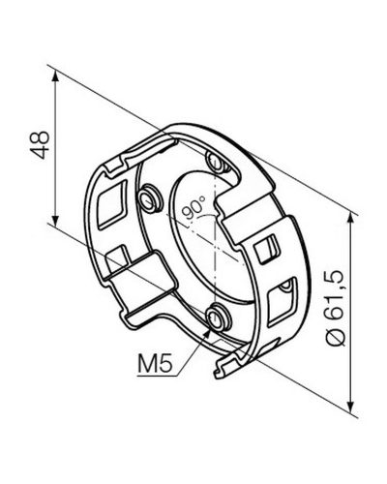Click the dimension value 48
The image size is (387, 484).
point(40,145)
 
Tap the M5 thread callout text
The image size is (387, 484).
point(155,363)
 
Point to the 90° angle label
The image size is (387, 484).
point(193,207)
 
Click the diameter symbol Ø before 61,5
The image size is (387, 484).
point(336,337)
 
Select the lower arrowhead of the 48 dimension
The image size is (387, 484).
point(55,220)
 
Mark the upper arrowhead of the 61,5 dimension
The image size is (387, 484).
point(351,221)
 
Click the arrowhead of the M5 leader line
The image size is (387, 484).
point(207,333)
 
